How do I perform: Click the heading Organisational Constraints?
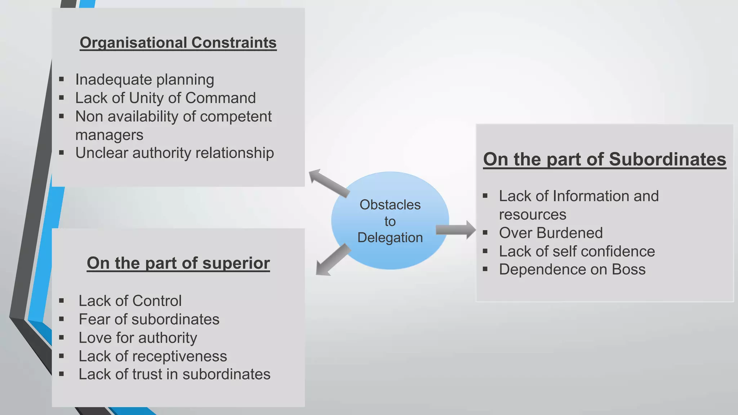click(x=178, y=43)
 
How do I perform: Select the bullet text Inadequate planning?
click(x=145, y=80)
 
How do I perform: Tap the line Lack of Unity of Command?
click(x=165, y=98)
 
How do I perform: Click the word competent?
click(x=236, y=117)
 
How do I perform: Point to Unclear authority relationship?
click(x=174, y=153)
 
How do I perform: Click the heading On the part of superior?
click(x=178, y=263)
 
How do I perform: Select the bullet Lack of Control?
click(x=130, y=301)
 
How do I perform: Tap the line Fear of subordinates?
click(x=149, y=320)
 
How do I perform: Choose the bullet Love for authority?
click(x=138, y=338)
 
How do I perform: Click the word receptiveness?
click(x=180, y=356)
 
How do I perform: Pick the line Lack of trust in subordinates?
click(x=174, y=374)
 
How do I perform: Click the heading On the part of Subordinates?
click(x=604, y=159)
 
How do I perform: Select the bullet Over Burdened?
click(x=551, y=233)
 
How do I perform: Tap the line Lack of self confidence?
click(x=577, y=251)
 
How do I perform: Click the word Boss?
click(x=628, y=270)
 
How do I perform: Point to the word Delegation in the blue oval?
click(x=390, y=238)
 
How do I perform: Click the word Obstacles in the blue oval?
click(x=390, y=205)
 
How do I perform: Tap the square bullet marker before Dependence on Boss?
click(x=485, y=269)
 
